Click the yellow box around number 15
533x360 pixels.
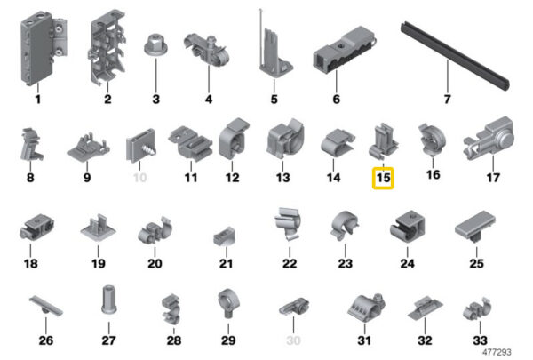pos(383,167)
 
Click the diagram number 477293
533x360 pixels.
pos(497,352)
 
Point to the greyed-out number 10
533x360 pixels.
pos(139,178)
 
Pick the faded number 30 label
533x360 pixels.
pos(293,340)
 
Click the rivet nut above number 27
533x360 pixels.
pos(109,300)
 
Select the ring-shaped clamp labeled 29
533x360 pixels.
pos(228,302)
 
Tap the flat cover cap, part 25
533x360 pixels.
pos(475,226)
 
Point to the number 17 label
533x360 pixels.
pos(493,178)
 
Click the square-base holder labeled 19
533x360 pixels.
pos(98,228)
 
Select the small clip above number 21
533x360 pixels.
pos(225,236)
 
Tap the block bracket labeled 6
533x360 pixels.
pos(343,51)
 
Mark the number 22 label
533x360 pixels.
pos(290,263)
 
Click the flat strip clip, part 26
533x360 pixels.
pos(46,306)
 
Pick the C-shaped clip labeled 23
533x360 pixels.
pos(344,226)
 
